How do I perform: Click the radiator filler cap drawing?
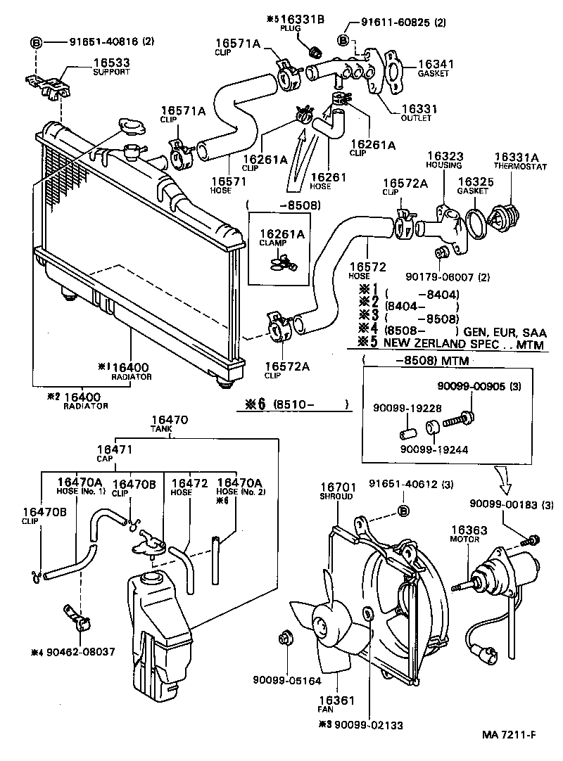[x=132, y=129]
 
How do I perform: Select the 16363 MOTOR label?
[x=464, y=532]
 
